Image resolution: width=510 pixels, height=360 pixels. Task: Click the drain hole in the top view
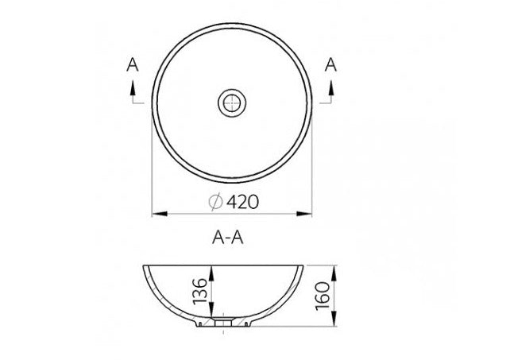(231, 102)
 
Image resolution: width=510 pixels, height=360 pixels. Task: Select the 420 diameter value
(242, 203)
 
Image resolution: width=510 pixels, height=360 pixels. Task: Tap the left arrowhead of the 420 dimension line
(157, 213)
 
